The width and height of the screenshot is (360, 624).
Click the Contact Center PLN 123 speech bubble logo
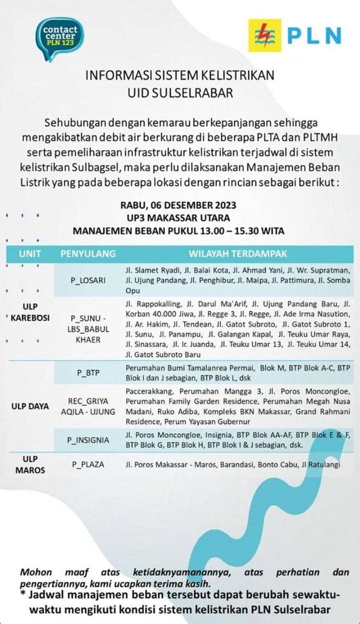coord(59,37)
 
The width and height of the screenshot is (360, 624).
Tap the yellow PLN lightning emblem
coord(264,35)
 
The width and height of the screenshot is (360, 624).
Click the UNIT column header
coord(30,254)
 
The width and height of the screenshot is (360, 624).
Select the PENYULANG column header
coord(88,254)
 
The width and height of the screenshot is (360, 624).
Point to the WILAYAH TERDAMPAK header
coord(237,254)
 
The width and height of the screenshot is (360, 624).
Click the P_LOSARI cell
coord(88,280)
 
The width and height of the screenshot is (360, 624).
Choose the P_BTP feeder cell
coord(88,373)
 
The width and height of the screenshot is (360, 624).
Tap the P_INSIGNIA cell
coord(88,440)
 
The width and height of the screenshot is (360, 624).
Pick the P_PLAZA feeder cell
coord(88,464)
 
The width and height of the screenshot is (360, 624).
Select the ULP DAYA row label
coord(30,406)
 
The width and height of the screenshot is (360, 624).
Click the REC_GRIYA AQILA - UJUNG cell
coord(88,406)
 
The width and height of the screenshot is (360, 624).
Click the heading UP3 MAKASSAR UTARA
coord(179,218)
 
